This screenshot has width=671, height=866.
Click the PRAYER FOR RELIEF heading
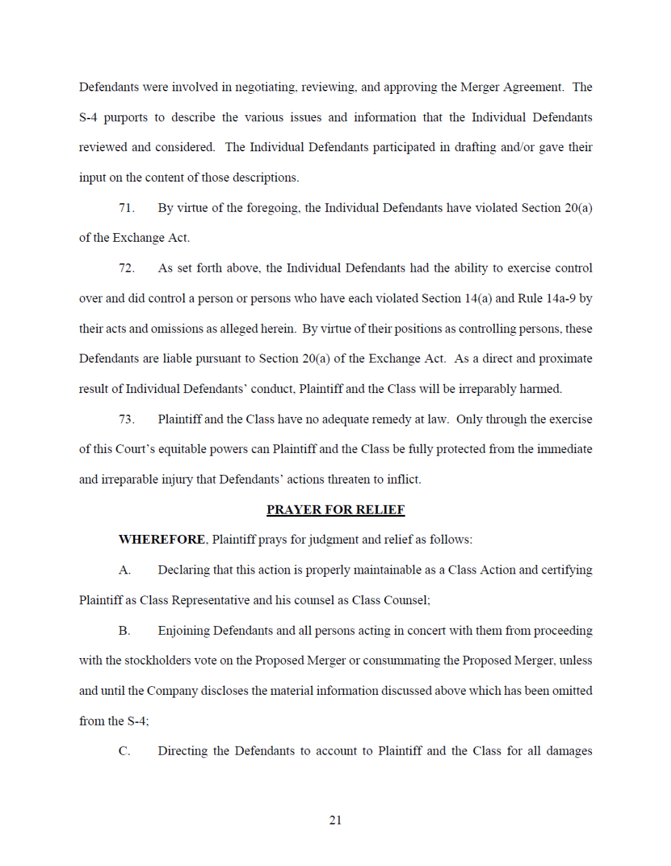coord(335,510)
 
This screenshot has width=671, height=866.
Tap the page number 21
coord(335,820)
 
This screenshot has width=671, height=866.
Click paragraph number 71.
coord(126,208)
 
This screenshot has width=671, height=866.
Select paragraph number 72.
coord(126,268)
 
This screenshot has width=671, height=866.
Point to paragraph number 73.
coord(126,419)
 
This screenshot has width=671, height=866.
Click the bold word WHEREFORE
coord(162,540)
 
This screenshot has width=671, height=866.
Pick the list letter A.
coord(124,570)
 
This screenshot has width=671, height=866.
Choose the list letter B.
coord(124,630)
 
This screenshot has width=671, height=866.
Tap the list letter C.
coord(124,751)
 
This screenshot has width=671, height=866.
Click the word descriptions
coord(264,178)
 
